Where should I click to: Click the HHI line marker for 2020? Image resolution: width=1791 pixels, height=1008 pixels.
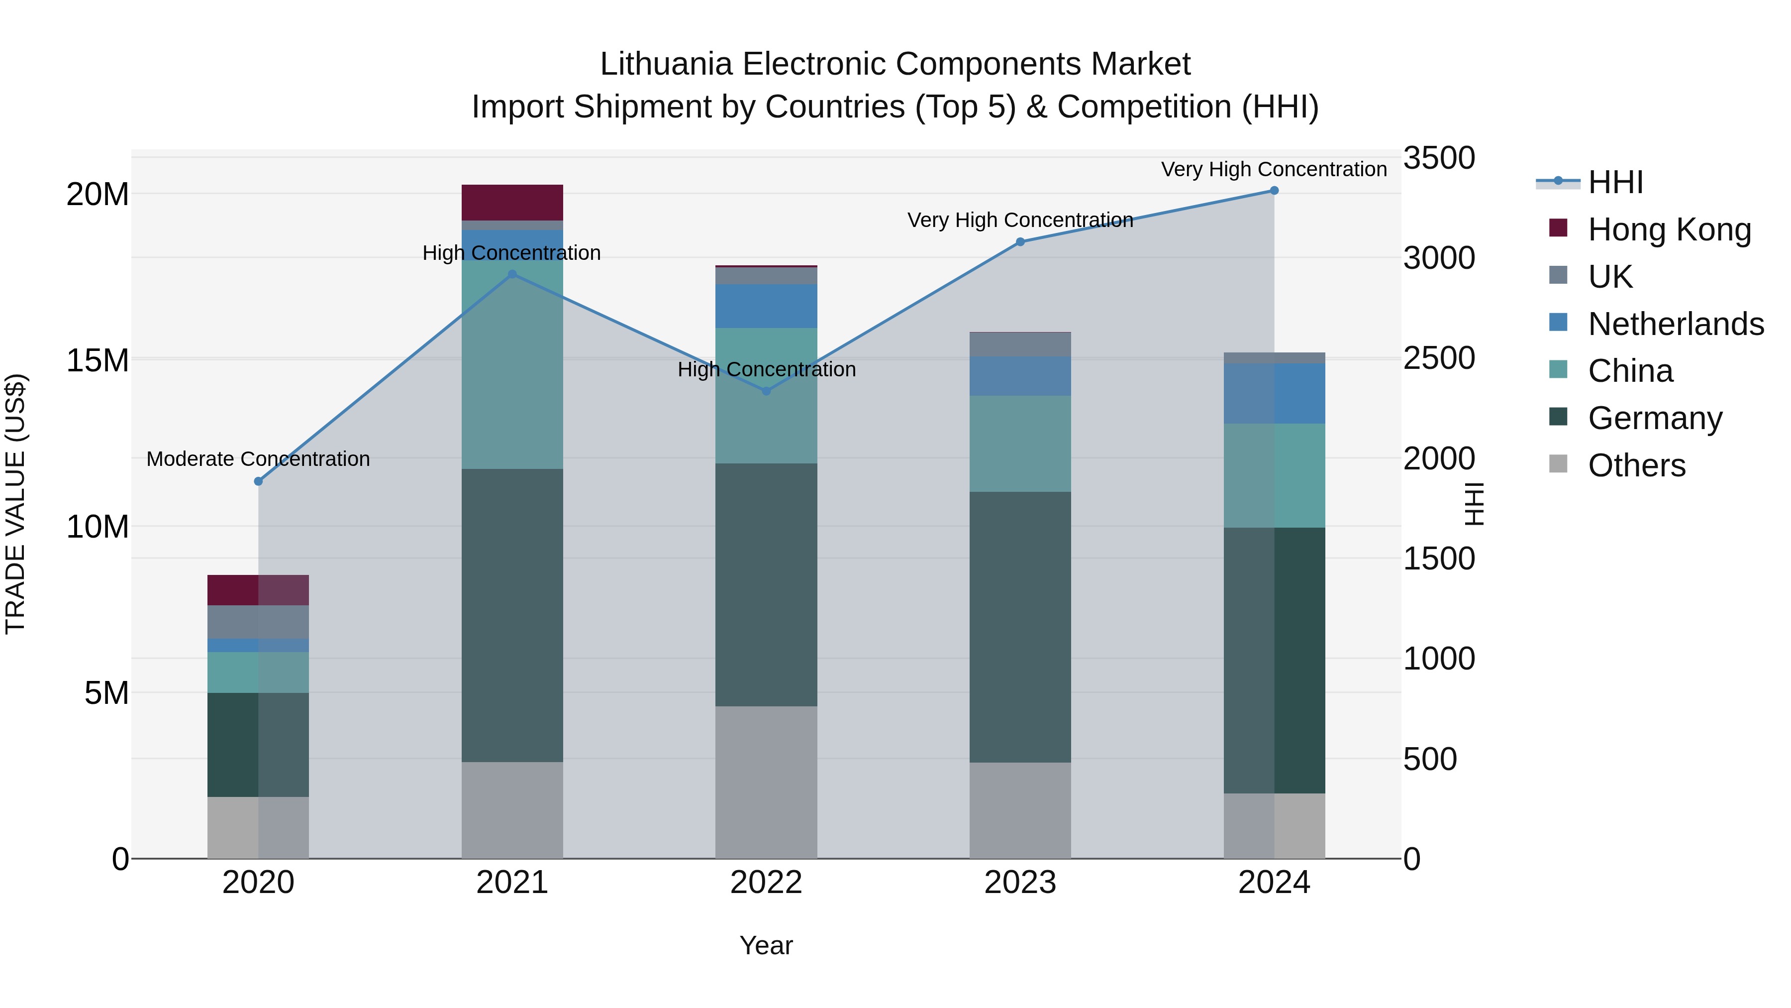tap(259, 481)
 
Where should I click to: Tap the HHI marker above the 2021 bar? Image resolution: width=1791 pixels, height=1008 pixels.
tap(512, 274)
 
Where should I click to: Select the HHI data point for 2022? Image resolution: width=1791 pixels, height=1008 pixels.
tap(766, 391)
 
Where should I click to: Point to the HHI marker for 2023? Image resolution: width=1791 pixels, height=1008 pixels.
tap(1021, 242)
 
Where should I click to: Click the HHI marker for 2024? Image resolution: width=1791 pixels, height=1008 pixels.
tap(1275, 191)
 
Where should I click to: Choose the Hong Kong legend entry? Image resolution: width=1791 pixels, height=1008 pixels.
tap(1669, 229)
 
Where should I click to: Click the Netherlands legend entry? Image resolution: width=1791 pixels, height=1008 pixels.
tap(1676, 324)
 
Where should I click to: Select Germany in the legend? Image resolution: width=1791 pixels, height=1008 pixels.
tap(1655, 418)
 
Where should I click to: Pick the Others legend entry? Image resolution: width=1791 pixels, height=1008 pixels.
tap(1637, 465)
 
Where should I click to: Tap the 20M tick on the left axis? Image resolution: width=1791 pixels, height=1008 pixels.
tap(98, 194)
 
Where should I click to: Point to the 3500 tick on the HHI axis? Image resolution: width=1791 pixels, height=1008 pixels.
tap(1438, 158)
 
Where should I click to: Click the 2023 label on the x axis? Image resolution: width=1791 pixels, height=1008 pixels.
tap(1021, 883)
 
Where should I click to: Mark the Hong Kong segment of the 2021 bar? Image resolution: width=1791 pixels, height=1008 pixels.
tap(512, 203)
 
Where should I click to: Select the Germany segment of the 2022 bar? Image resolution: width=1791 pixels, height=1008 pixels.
tap(766, 584)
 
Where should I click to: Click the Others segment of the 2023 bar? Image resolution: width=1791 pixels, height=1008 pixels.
tap(1021, 810)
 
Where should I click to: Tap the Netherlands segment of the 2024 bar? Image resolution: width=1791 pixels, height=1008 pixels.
tap(1275, 394)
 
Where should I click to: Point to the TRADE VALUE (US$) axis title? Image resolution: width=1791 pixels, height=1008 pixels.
tap(15, 504)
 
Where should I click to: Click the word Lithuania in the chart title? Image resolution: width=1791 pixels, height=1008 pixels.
tap(666, 64)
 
